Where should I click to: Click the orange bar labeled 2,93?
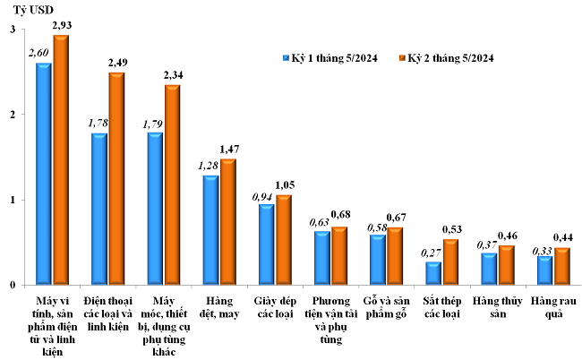61,160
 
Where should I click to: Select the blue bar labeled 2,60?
43,175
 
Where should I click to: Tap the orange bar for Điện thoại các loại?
116,179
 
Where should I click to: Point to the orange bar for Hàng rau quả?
561,266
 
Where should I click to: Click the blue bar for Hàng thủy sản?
489,269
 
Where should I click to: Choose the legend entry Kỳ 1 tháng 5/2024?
330,58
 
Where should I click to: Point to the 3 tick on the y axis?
13,30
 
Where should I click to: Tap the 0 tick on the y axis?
13,285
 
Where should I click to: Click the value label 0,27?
432,253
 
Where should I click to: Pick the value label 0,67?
397,218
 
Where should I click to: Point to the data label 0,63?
320,222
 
